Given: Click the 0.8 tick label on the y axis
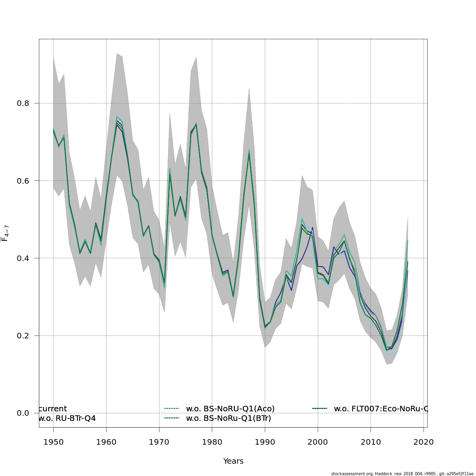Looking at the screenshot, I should pyautogui.click(x=22, y=103).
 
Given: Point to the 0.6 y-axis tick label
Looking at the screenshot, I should pyautogui.click(x=22, y=180).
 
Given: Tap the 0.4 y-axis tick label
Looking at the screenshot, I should pyautogui.click(x=22, y=258).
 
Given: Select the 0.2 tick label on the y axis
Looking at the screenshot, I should pyautogui.click(x=22, y=336).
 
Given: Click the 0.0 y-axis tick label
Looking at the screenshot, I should pyautogui.click(x=22, y=413).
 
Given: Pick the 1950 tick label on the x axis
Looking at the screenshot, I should pyautogui.click(x=53, y=442).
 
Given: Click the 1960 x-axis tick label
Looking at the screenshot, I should pyautogui.click(x=106, y=442).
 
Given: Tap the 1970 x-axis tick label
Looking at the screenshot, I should pyautogui.click(x=159, y=442).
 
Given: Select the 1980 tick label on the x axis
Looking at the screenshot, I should pyautogui.click(x=212, y=442).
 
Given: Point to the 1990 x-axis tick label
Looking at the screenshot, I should pyautogui.click(x=265, y=442).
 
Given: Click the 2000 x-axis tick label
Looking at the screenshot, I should pyautogui.click(x=318, y=442).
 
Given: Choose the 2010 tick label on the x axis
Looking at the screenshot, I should pyautogui.click(x=370, y=442).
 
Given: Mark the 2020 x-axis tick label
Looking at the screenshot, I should pyautogui.click(x=424, y=442).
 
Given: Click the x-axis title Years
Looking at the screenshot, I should pyautogui.click(x=233, y=461).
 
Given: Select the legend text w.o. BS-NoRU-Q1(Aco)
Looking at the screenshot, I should pyautogui.click(x=230, y=409).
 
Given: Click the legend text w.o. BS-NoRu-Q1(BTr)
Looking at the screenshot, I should pyautogui.click(x=228, y=418).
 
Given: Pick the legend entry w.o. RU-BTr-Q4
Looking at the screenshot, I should pyautogui.click(x=67, y=418).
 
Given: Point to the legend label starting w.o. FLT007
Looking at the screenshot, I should pyautogui.click(x=380, y=409).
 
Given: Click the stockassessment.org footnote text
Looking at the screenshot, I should pyautogui.click(x=402, y=474).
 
